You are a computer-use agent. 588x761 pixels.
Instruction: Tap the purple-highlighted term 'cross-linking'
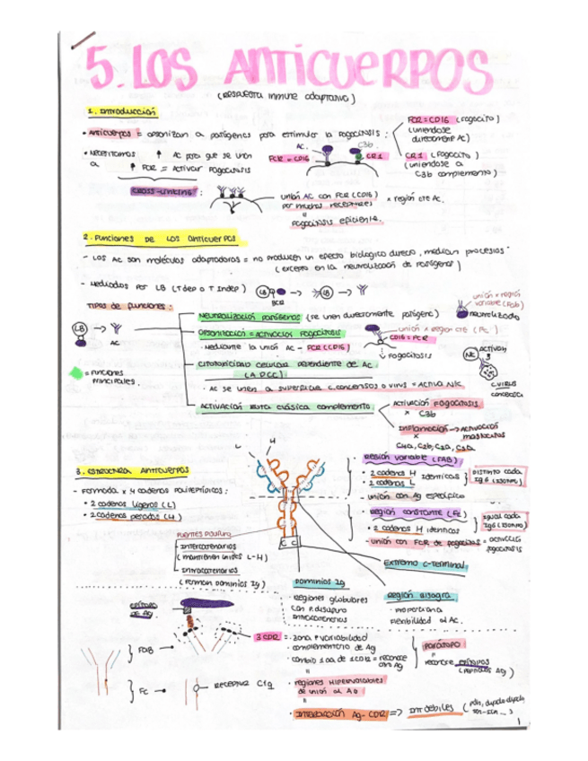click(x=166, y=192)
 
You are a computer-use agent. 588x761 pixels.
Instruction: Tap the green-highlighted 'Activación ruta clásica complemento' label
click(x=285, y=407)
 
